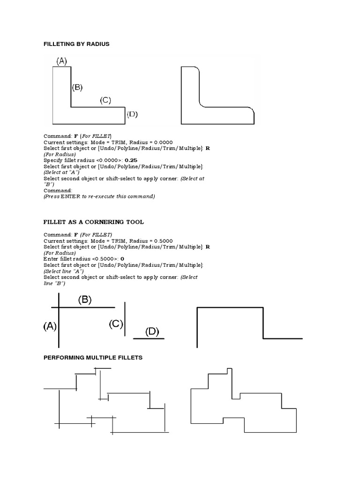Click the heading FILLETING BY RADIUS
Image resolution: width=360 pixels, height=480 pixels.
click(x=76, y=44)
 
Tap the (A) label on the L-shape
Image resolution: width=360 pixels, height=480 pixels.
click(x=62, y=60)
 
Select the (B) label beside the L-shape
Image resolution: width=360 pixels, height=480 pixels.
click(x=77, y=87)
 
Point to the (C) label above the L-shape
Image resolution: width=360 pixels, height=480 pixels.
click(x=105, y=100)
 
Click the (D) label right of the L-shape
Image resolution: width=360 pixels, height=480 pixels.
click(x=132, y=114)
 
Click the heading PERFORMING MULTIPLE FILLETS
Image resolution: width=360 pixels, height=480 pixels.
click(x=93, y=358)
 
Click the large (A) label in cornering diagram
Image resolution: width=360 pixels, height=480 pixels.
click(x=50, y=326)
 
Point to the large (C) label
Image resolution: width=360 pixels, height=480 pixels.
click(x=116, y=324)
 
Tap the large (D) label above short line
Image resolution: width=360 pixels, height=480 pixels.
click(x=152, y=332)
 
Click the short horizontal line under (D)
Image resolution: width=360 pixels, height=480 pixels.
click(x=149, y=338)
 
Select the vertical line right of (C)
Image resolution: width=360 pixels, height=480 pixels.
click(x=125, y=319)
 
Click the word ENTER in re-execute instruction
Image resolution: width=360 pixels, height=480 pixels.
click(x=67, y=197)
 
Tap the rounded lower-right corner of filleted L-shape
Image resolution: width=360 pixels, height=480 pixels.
click(x=251, y=111)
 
